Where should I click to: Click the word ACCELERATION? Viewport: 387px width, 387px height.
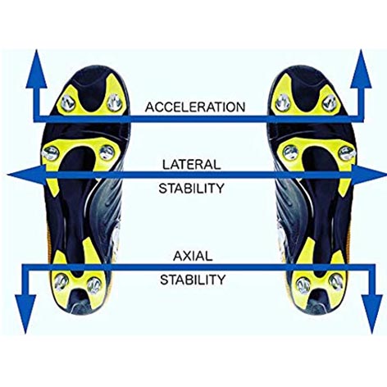coord(195,107)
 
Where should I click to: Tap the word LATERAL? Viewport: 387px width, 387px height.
coord(192,165)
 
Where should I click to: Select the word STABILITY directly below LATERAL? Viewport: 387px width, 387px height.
coord(191,189)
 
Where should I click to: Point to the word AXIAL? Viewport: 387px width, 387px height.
coord(193,256)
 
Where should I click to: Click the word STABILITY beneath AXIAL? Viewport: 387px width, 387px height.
coord(193,280)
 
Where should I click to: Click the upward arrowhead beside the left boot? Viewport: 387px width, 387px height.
coord(36,69)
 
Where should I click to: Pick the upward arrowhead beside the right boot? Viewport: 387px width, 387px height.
coord(361,69)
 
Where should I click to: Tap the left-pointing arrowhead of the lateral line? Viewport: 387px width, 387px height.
coord(26,175)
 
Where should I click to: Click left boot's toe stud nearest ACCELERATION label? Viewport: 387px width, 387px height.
coord(115,102)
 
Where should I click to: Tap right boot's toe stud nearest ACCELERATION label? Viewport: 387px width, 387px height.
coord(283,102)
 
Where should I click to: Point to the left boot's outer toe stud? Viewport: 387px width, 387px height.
coord(68,103)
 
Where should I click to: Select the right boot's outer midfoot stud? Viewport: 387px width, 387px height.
coord(347,153)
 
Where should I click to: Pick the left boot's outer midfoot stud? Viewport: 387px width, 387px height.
coord(51,153)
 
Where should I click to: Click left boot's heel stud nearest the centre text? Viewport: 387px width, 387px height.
coord(94,285)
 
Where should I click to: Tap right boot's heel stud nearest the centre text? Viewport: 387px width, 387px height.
coord(303,285)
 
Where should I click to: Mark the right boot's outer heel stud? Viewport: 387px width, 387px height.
coord(336,281)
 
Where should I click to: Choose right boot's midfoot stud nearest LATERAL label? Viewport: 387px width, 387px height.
coord(290,153)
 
